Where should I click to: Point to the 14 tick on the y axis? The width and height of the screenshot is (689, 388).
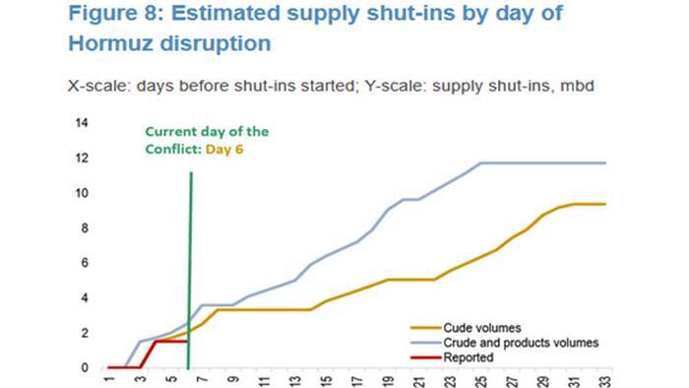[83, 123]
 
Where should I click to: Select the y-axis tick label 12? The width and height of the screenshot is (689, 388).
[83, 159]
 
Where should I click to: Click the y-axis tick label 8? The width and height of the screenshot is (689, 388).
[86, 228]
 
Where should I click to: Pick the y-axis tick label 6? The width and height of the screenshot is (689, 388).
[86, 263]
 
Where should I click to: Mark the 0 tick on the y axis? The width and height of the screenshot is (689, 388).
[86, 368]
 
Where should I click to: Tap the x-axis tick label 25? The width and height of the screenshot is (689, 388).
[479, 380]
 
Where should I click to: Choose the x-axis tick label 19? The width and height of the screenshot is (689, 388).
[387, 380]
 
